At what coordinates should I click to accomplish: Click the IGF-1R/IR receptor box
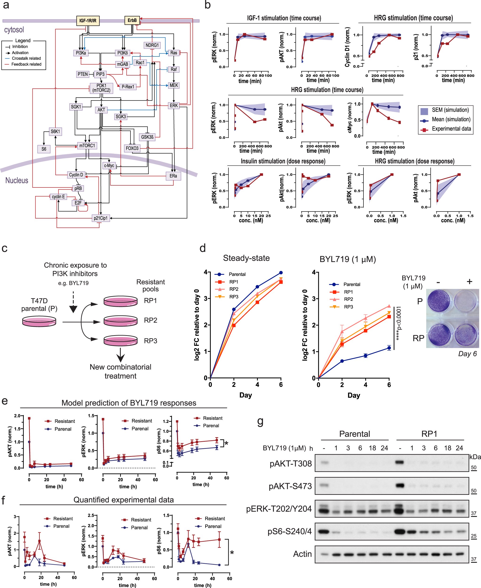pyautogui.click(x=88, y=20)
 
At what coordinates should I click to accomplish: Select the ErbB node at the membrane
pyautogui.click(x=132, y=20)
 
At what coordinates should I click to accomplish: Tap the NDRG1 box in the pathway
pyautogui.click(x=152, y=45)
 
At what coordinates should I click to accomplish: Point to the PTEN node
pyautogui.click(x=83, y=74)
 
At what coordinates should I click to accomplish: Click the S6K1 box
pyautogui.click(x=55, y=131)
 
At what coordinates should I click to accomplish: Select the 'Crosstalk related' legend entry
pyautogui.click(x=26, y=58)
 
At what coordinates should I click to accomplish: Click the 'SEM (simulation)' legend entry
pyautogui.click(x=450, y=110)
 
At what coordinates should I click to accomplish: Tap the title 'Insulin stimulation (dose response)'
pyautogui.click(x=283, y=161)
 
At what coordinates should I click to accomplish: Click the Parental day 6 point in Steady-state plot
pyautogui.click(x=281, y=273)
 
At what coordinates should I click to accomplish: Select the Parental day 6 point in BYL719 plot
pyautogui.click(x=389, y=348)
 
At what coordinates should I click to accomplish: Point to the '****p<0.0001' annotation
pyautogui.click(x=398, y=323)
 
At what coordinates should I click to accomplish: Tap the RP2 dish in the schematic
pyautogui.click(x=121, y=321)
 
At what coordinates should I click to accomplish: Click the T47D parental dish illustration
pyautogui.click(x=39, y=322)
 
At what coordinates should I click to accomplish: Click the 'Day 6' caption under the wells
pyautogui.click(x=467, y=354)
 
